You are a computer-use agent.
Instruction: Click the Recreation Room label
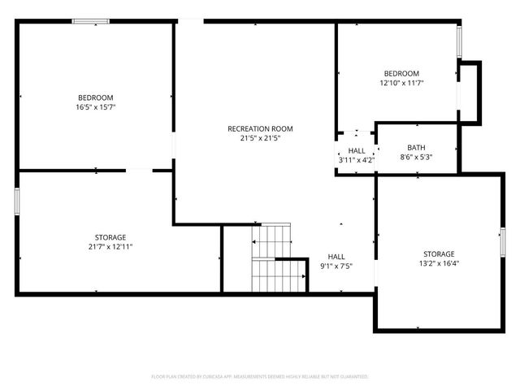point(260,128)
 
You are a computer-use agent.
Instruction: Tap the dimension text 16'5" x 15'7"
point(96,107)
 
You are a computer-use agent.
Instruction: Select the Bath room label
point(416,147)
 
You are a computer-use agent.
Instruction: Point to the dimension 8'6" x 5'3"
point(416,157)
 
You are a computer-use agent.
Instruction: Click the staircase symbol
point(276,258)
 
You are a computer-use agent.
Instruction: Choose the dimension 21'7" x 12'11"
point(96,247)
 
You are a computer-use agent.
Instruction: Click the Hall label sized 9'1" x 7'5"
point(336,256)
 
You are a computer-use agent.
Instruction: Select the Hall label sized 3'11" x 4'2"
point(357,151)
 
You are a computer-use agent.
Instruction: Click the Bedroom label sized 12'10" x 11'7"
point(401,73)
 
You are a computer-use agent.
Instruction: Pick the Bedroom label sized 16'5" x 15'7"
point(96,97)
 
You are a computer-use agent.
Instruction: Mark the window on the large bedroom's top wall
point(91,21)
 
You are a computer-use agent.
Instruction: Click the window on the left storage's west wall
point(17,201)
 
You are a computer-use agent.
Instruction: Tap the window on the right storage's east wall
point(502,241)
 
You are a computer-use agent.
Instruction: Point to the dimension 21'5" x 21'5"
point(260,138)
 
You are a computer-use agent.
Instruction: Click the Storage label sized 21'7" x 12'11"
point(96,237)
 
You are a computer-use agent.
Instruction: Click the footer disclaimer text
point(260,377)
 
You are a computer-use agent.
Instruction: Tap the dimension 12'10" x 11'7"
point(401,83)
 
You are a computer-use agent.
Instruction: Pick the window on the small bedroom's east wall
point(460,41)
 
